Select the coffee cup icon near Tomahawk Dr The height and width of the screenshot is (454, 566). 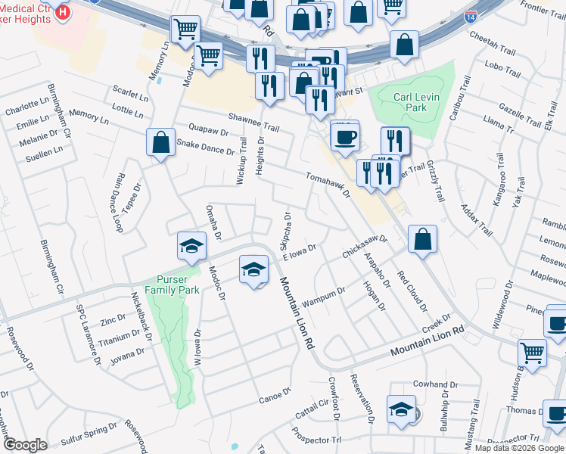(346, 137)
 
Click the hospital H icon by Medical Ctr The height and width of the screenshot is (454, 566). (64, 12)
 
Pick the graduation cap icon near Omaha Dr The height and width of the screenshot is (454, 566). (192, 245)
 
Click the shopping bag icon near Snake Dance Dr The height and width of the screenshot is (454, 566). (160, 141)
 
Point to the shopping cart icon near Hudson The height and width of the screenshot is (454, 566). (532, 352)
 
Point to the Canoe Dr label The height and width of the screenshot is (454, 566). (275, 395)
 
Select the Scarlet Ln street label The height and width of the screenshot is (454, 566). (129, 95)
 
